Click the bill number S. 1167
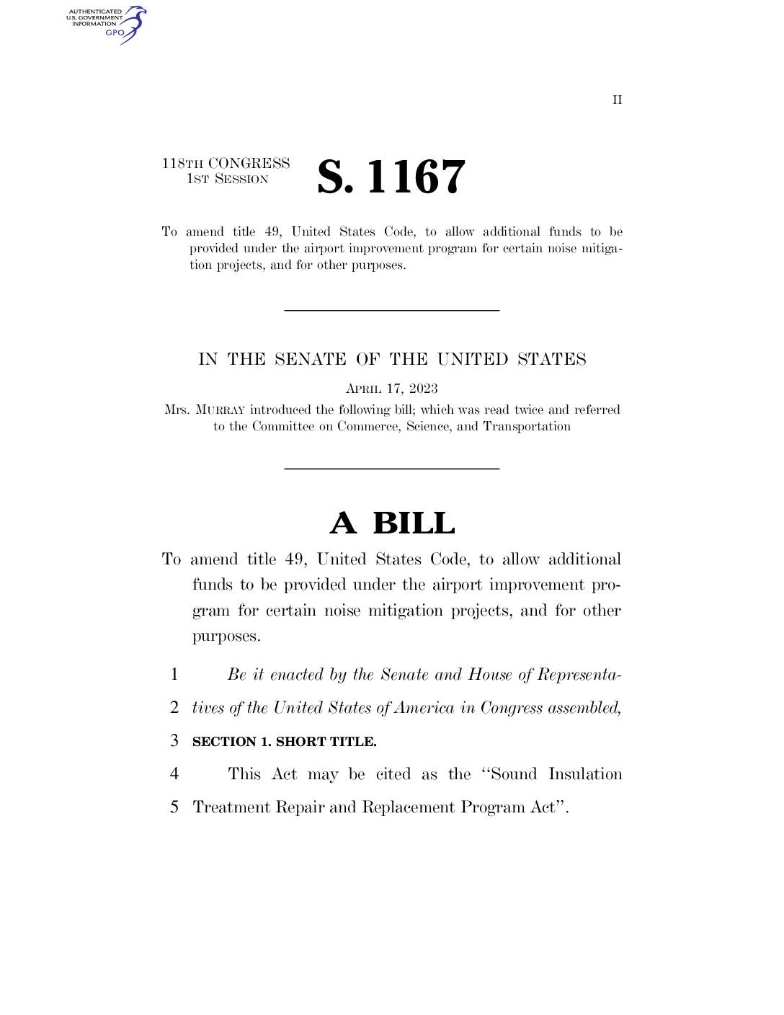[391, 177]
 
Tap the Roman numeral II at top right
[618, 100]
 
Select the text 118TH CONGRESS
[226, 164]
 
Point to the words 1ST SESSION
[227, 179]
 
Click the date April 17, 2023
[391, 389]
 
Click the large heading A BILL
[392, 523]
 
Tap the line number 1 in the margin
[174, 675]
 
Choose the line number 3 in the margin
[174, 740]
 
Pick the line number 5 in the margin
[174, 807]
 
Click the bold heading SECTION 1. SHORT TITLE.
[284, 742]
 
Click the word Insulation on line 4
[585, 774]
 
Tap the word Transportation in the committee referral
[527, 427]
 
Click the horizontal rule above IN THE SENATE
[391, 310]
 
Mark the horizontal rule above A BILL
[391, 469]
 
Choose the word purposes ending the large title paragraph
[224, 637]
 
